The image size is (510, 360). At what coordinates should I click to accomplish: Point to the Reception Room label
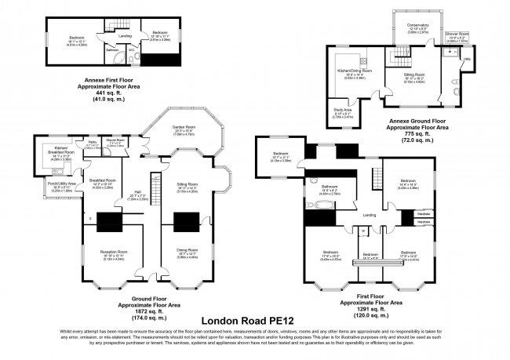(111, 255)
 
